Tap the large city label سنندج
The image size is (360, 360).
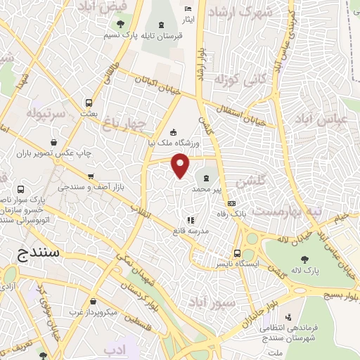click(41, 251)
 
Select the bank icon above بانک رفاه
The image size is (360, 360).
click(232, 204)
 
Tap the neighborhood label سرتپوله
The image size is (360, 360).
click(46, 112)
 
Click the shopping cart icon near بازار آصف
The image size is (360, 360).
click(91, 176)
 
